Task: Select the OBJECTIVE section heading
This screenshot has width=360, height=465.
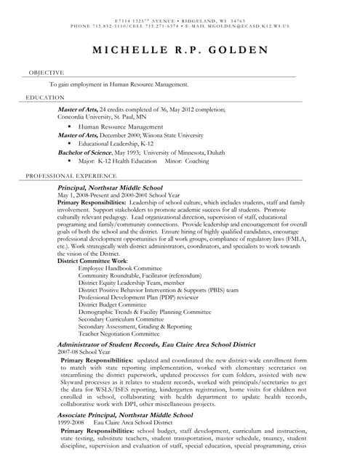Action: coord(46,73)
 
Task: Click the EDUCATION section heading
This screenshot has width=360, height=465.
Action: coord(45,97)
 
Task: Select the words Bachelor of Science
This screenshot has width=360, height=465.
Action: coord(83,153)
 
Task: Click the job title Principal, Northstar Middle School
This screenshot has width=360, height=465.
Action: coord(110,187)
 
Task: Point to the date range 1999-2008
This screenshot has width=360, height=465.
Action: coord(70,421)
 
